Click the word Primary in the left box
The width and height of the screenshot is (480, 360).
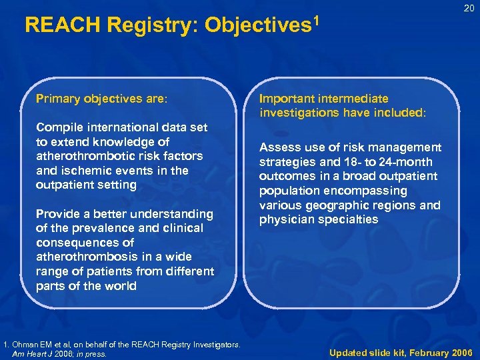click(x=58, y=99)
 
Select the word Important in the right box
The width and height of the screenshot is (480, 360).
click(x=286, y=99)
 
